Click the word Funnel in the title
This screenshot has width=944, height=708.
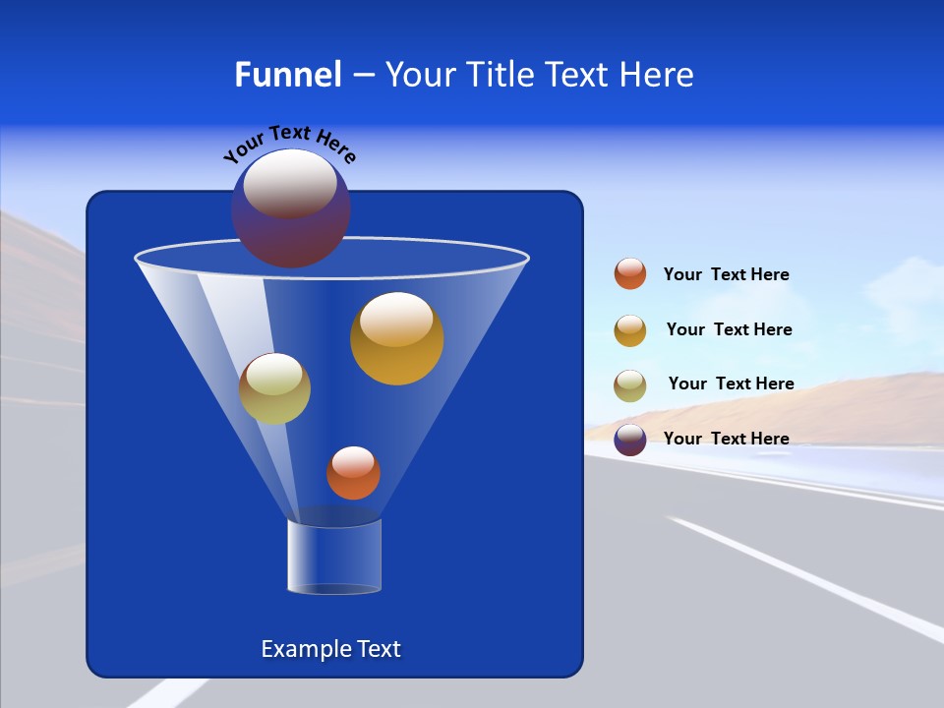point(287,75)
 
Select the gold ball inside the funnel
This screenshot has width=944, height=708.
point(396,338)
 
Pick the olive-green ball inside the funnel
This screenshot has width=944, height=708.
point(274,388)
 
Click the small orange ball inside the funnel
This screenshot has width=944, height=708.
point(353,473)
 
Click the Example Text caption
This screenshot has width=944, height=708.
point(330,649)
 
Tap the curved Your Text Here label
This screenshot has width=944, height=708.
point(289,144)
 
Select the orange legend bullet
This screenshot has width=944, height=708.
point(630,273)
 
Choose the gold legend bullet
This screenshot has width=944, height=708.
point(630,330)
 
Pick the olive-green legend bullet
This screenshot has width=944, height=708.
point(630,385)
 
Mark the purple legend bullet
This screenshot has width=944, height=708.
point(630,440)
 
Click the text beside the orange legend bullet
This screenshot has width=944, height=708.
point(726,275)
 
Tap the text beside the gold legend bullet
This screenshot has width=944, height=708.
point(729,330)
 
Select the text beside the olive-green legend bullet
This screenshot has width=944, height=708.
point(731,384)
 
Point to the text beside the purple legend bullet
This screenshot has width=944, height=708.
point(726,439)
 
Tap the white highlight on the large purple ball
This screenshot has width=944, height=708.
point(290,184)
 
